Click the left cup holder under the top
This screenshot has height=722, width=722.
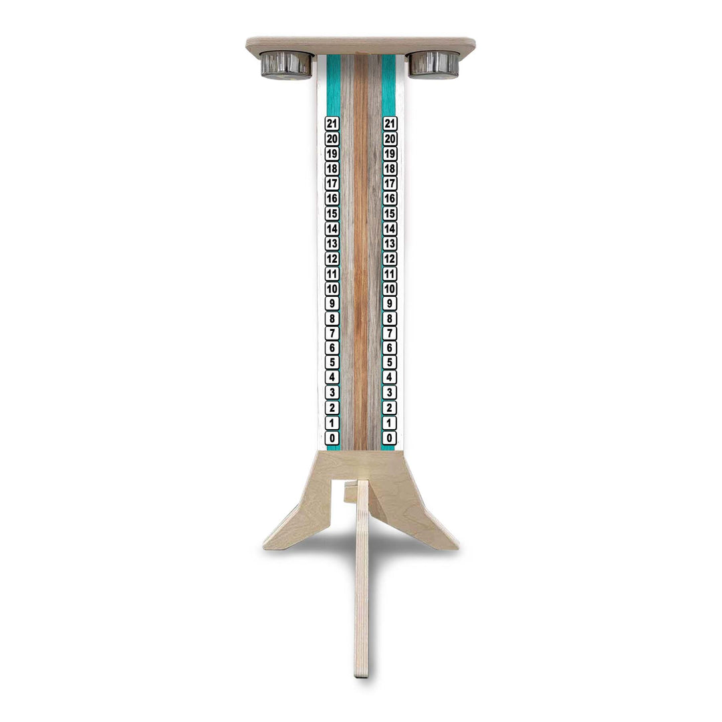[286, 64]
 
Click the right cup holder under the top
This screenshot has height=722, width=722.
[434, 64]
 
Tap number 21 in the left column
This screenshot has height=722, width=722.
[332, 124]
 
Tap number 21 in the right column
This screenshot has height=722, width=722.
[390, 124]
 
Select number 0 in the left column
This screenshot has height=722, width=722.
[332, 438]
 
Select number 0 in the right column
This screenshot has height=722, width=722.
[390, 438]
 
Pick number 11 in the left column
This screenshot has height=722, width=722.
[332, 273]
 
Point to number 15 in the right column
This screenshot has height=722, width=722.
[390, 213]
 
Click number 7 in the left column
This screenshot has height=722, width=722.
[332, 333]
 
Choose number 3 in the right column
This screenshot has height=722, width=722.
[390, 393]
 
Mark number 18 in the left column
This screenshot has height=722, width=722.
[332, 168]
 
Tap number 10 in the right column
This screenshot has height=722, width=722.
[390, 288]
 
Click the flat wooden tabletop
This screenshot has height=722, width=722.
[361, 45]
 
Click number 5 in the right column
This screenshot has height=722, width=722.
[390, 363]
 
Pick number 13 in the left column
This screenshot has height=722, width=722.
[332, 243]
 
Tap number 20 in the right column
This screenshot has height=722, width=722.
[390, 138]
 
